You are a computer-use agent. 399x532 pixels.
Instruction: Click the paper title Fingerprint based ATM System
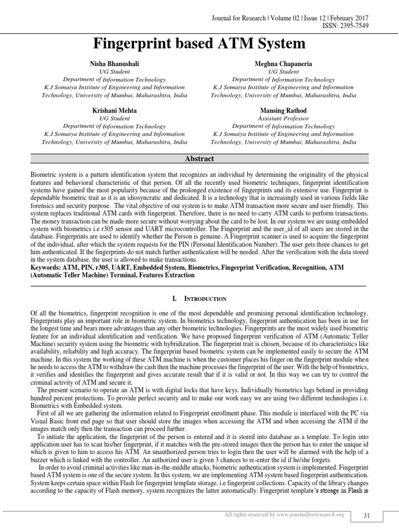[199, 43]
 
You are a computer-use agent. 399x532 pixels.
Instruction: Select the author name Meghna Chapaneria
[283, 63]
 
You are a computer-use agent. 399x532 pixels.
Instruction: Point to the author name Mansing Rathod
[283, 111]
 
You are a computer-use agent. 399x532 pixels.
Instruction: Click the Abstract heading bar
[199, 159]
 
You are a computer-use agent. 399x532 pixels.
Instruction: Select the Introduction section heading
[199, 299]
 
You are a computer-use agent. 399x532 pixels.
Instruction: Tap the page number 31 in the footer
[366, 515]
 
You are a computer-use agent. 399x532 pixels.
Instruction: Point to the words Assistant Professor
[283, 118]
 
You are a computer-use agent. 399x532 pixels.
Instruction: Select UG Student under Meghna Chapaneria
[283, 72]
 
